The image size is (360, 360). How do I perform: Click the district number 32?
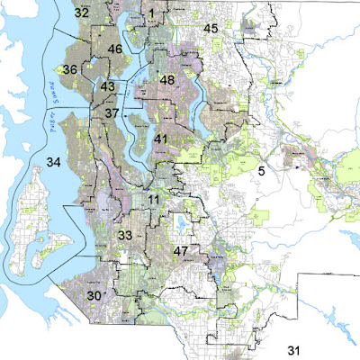coord(82,13)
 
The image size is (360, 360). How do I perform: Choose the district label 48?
coord(166,80)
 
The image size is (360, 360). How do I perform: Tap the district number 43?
coord(108,87)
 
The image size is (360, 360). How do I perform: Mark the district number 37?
coord(112,113)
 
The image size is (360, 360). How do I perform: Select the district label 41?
coord(161,139)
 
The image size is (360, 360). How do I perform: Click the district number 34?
coord(54,163)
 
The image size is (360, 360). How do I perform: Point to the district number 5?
coord(262,169)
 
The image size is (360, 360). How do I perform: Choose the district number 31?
coord(294,348)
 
